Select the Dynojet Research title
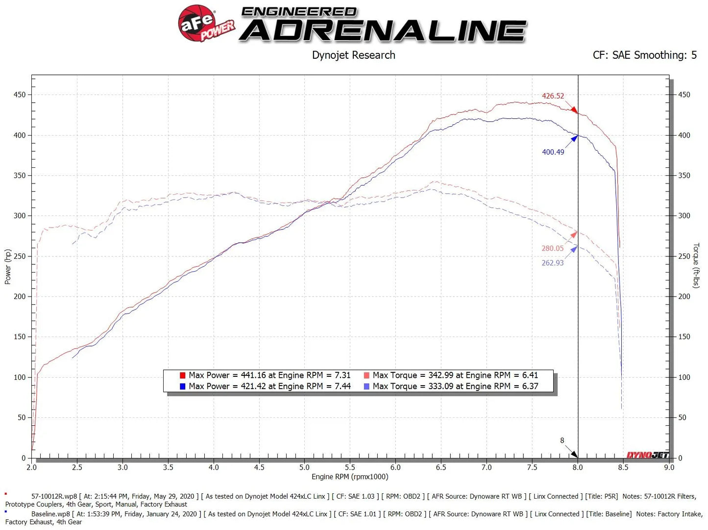pos(353,55)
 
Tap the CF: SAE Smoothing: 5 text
pos(644,55)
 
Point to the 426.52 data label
pos(553,96)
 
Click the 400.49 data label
pos(553,152)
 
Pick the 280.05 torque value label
pos(552,249)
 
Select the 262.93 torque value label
pos(552,263)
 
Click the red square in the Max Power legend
pos(182,375)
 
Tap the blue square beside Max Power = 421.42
pos(182,387)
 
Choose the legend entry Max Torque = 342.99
pos(455,375)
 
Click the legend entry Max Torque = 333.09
pos(455,387)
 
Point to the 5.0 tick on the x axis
pos(305,467)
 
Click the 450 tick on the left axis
pos(20,95)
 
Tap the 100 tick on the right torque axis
pos(684,377)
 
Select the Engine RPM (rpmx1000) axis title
pos(350,477)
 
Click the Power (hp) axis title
pos(8,267)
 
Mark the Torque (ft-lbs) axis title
pos(696,265)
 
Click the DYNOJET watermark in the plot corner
pos(647,455)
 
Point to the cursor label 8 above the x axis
pos(562,440)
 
